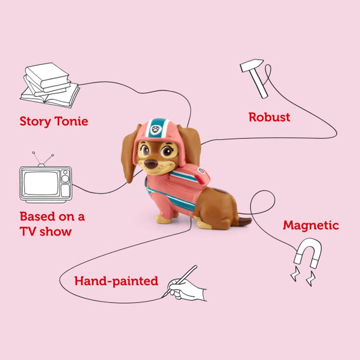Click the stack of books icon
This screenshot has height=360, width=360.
pyautogui.click(x=50, y=85)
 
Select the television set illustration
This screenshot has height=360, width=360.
pyautogui.click(x=46, y=178)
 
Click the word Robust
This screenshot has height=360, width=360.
pyautogui.click(x=269, y=117)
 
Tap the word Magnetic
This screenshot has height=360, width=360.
pyautogui.click(x=311, y=226)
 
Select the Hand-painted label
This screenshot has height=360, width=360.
pyautogui.click(x=116, y=281)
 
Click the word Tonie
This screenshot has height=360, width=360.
pyautogui.click(x=71, y=121)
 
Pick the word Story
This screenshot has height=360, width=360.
pyautogui.click(x=35, y=121)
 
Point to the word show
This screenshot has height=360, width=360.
pyautogui.click(x=55, y=231)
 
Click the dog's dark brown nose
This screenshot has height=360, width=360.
pyautogui.click(x=151, y=164)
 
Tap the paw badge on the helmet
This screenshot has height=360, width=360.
pyautogui.click(x=156, y=130)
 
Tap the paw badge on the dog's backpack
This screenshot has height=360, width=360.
pyautogui.click(x=201, y=171)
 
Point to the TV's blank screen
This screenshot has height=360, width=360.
pyautogui.click(x=41, y=183)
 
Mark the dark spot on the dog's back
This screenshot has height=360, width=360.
pyautogui.click(x=220, y=191)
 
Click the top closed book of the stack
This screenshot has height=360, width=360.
pyautogui.click(x=47, y=75)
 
